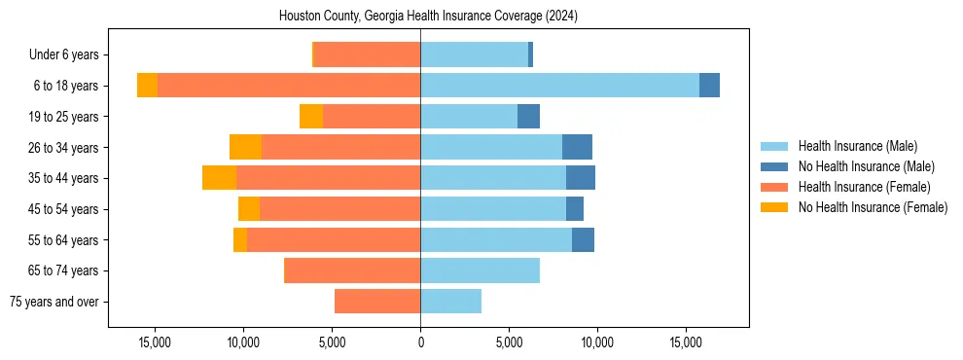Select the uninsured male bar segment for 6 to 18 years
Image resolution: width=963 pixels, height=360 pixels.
tap(709, 86)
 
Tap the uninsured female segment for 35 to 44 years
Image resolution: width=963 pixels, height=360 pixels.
tap(219, 178)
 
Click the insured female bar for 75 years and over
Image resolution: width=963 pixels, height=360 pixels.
tap(377, 302)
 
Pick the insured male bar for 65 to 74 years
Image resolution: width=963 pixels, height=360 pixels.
tap(480, 270)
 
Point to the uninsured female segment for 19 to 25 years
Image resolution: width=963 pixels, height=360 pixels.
tap(311, 117)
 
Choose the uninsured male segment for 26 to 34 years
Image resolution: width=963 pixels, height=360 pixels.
tap(577, 147)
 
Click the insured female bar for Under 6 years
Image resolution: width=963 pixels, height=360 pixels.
tap(367, 54)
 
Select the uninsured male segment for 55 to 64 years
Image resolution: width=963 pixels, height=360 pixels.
tap(583, 239)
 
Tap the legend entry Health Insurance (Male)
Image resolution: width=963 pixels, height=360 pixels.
tap(857, 146)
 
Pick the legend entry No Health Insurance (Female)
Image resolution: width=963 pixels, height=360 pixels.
tap(872, 207)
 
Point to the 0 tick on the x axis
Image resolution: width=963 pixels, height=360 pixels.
tap(420, 342)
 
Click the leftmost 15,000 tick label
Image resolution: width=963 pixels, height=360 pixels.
tap(155, 342)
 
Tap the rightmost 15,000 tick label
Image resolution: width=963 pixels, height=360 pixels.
tap(686, 342)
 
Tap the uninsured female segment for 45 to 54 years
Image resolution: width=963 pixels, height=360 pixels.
tap(249, 209)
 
